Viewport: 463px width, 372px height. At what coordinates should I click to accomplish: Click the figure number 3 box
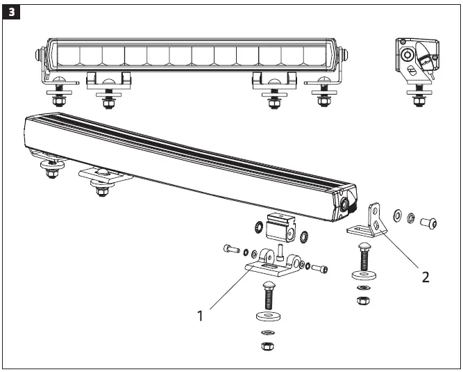(x=11, y=13)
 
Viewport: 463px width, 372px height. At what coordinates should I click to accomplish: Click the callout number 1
(x=200, y=315)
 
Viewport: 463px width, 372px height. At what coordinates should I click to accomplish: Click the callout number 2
(x=425, y=276)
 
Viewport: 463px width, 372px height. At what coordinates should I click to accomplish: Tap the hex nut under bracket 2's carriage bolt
(x=363, y=300)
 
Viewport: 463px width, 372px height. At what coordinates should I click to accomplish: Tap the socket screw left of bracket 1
(x=231, y=248)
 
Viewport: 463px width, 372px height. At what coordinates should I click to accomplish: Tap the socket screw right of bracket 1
(x=319, y=268)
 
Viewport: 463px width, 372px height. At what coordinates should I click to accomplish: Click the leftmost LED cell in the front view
(x=68, y=55)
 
